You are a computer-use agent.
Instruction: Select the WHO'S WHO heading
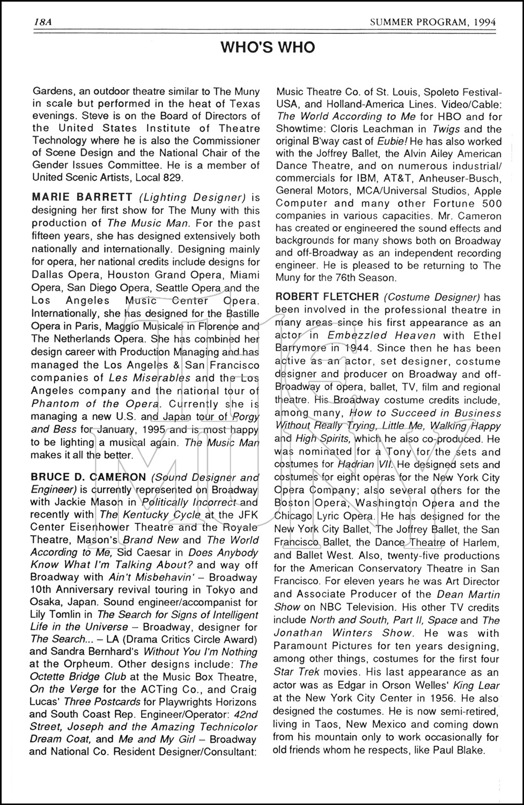point(268,48)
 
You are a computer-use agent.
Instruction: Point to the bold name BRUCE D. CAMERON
point(88,477)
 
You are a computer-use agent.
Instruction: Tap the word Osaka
point(45,602)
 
